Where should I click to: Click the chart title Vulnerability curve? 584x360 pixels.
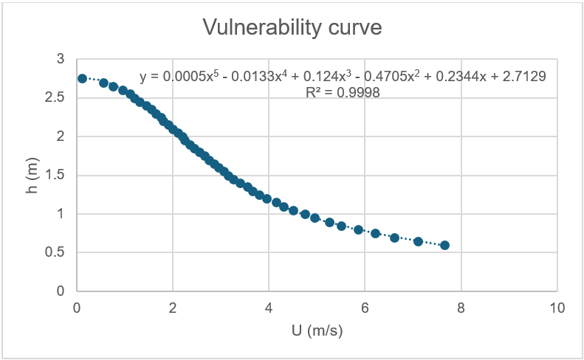point(292,28)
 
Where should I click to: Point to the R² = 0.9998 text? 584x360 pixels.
point(343,91)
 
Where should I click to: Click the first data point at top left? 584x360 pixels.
point(83,78)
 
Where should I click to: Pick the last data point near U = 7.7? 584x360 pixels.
point(444,245)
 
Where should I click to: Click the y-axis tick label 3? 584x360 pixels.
point(61,59)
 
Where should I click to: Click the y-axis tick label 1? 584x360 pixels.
point(61,214)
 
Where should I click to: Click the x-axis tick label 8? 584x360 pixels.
point(461,308)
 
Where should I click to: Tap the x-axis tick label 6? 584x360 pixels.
point(365,308)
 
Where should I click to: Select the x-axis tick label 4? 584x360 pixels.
point(269,308)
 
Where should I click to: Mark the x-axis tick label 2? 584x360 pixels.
point(173,308)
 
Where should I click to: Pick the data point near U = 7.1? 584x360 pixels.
point(418,241)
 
